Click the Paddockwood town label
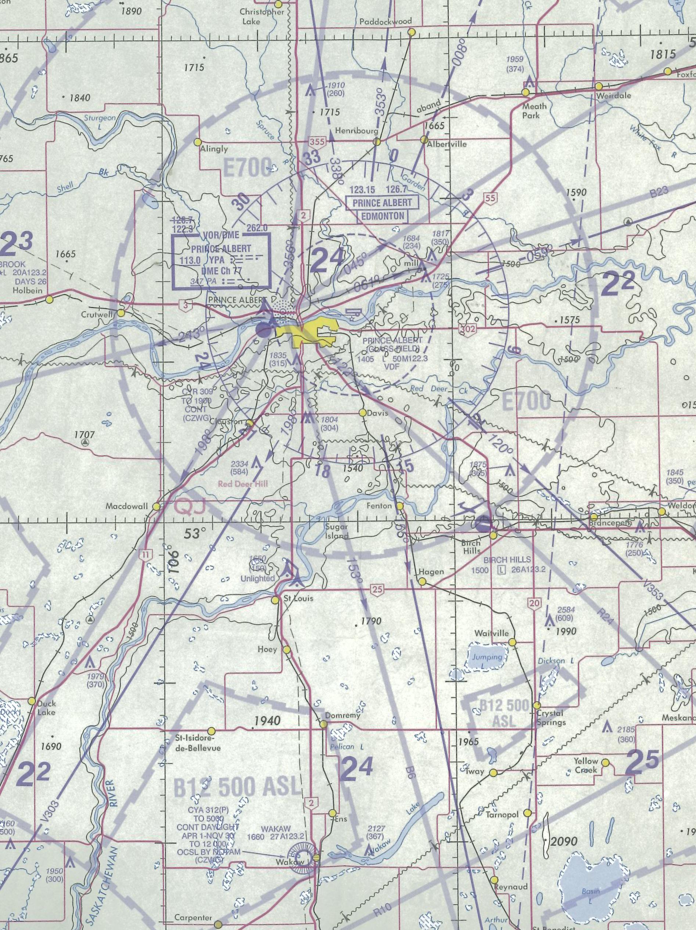(x=386, y=21)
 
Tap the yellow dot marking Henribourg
(x=377, y=142)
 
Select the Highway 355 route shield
(x=317, y=142)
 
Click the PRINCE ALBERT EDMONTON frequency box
(x=382, y=209)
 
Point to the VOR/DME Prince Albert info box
(x=221, y=261)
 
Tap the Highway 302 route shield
(x=467, y=329)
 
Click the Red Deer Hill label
(x=243, y=484)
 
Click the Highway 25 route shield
(x=377, y=589)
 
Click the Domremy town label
(x=343, y=715)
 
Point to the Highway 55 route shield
(x=490, y=197)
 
